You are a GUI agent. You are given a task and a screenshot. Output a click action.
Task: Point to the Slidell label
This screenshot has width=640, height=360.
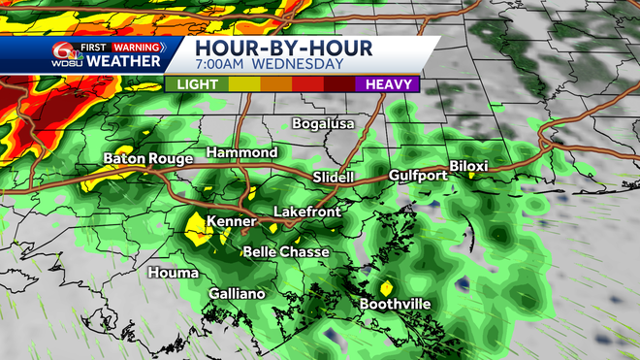click(x=336, y=177)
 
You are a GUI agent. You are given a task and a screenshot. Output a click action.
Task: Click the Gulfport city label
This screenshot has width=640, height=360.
click(x=418, y=176)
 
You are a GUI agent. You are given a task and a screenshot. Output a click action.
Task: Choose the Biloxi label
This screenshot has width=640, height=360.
click(x=468, y=166)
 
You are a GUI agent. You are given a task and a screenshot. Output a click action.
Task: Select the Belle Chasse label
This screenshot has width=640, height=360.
click(x=286, y=251)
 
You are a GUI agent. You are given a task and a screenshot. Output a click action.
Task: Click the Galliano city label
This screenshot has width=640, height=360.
click(x=238, y=294)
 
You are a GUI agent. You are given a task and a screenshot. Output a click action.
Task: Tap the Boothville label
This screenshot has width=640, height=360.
click(x=396, y=304)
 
